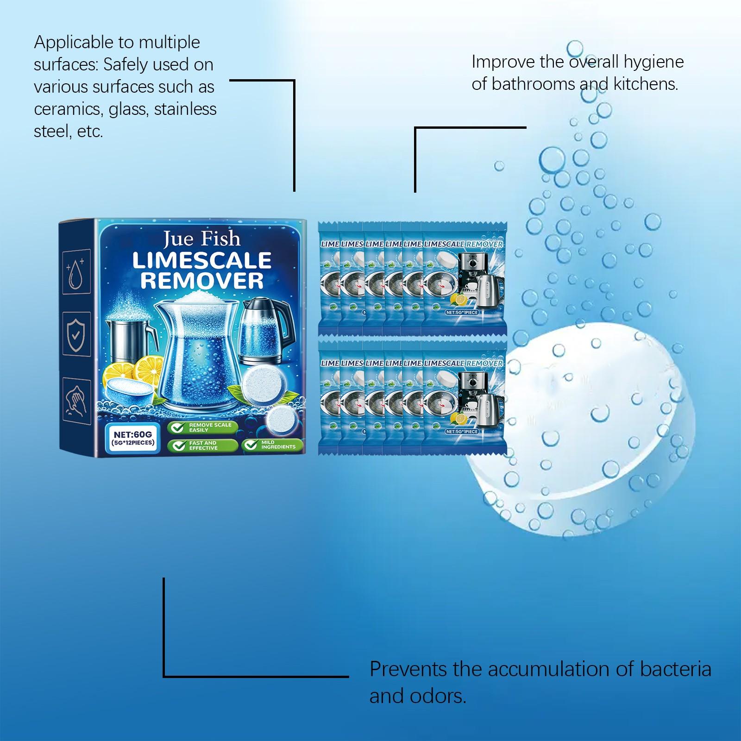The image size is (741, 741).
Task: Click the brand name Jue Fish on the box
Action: click(x=201, y=239)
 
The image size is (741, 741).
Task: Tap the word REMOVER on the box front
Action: click(x=201, y=281)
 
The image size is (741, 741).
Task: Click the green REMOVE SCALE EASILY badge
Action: click(x=202, y=427)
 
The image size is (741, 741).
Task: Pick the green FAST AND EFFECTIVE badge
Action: click(x=202, y=446)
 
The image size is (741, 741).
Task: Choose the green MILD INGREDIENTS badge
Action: click(x=272, y=445)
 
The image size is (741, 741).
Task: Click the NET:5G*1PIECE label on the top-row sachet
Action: click(x=462, y=313)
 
